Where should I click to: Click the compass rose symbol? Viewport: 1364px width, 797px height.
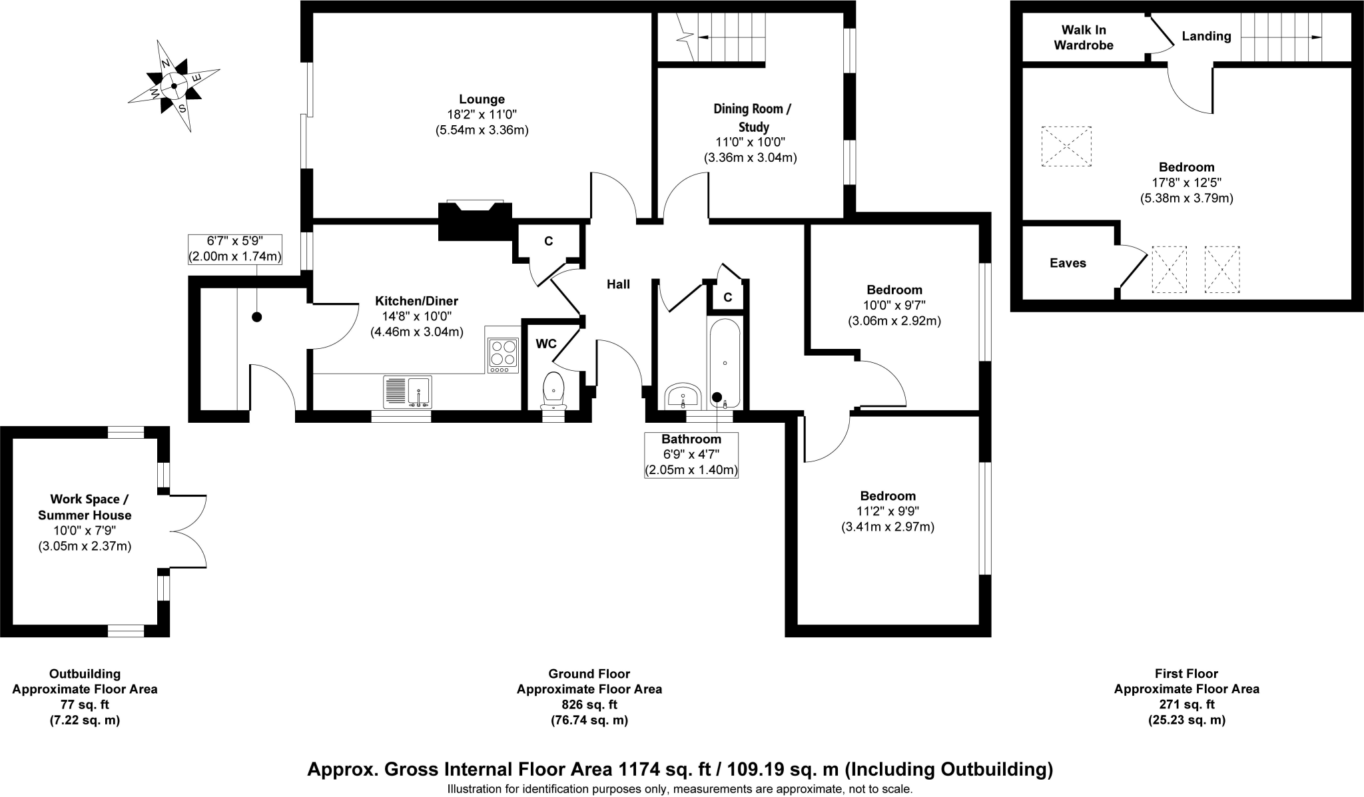174,86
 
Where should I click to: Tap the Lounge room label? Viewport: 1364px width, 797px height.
482,100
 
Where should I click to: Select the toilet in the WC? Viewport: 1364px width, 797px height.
553,389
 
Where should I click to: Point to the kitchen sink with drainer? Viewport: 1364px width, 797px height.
408,392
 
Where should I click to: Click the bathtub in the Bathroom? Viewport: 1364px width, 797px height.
725,363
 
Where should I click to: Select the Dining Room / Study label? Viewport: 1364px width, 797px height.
753,117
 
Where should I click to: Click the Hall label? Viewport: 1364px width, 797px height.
618,285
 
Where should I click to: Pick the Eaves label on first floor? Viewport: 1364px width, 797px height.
1068,263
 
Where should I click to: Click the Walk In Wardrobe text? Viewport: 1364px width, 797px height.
1084,37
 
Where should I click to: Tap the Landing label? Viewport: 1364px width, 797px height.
1206,37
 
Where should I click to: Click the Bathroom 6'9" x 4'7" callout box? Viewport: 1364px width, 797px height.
691,455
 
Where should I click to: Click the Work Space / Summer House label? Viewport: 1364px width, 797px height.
85,507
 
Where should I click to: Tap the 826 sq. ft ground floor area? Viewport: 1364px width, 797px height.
589,704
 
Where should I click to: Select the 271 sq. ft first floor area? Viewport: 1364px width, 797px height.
1186,704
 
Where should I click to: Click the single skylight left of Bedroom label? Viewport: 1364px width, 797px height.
1066,146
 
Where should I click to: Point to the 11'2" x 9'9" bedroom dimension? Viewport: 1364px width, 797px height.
888,511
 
